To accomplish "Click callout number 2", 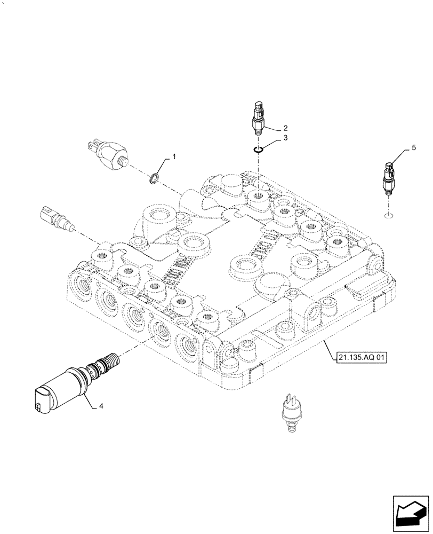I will pyautogui.click(x=285, y=128).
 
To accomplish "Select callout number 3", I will pyautogui.click(x=285, y=138).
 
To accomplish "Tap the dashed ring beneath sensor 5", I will pyautogui.click(x=389, y=215).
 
